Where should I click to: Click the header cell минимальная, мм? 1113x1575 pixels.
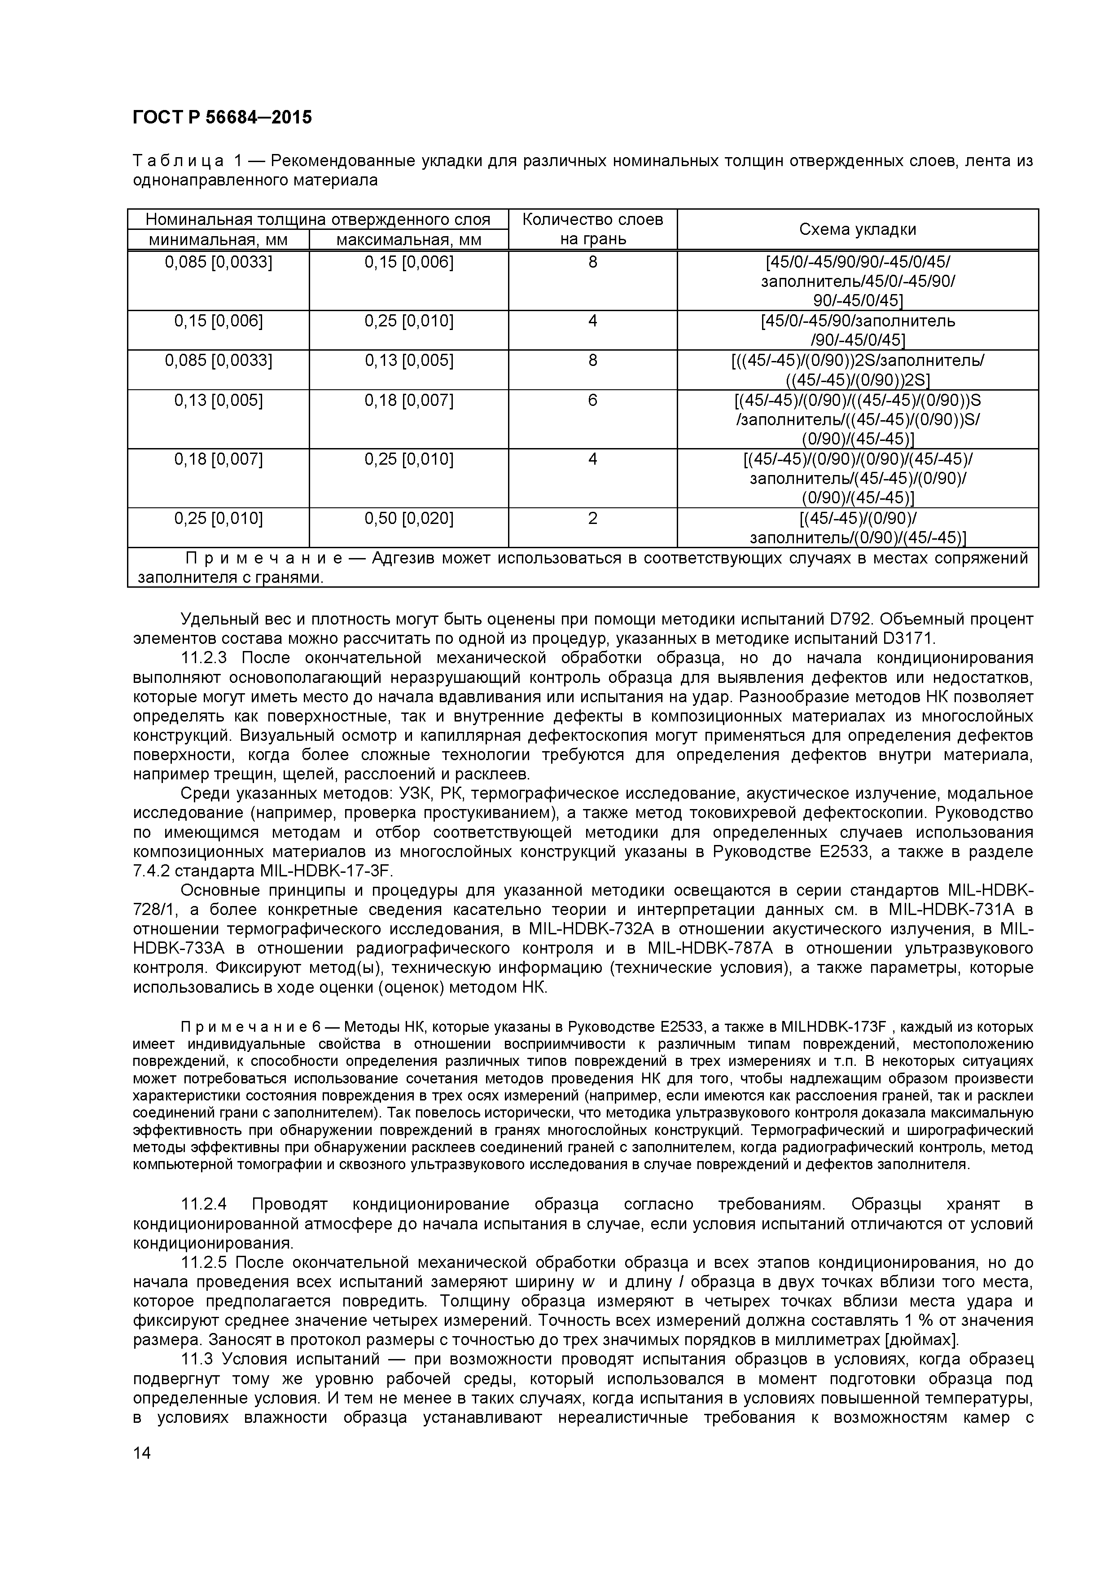[x=218, y=240]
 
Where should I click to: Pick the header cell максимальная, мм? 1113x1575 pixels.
[x=409, y=240]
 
